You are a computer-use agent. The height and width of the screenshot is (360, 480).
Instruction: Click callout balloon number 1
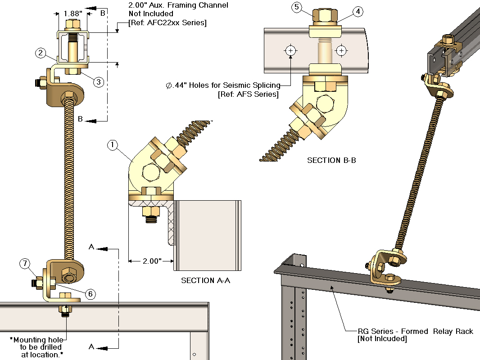(x=113, y=145)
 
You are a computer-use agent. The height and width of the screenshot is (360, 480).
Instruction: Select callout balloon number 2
(x=41, y=53)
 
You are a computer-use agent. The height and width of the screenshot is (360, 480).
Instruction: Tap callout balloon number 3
(x=99, y=81)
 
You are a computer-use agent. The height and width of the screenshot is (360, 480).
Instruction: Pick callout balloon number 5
(x=296, y=7)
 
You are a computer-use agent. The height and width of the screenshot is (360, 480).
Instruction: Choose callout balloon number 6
(x=90, y=294)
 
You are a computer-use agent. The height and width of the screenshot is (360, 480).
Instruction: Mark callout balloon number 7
(x=25, y=264)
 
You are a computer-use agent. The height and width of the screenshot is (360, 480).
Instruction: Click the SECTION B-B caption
(x=331, y=160)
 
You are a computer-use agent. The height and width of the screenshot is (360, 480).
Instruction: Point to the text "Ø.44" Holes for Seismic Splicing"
(x=222, y=85)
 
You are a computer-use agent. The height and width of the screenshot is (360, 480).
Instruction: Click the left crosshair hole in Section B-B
(x=291, y=50)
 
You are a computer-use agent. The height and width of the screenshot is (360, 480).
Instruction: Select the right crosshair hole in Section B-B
(x=341, y=50)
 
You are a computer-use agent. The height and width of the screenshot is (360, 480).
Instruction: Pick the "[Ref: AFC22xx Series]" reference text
(x=168, y=22)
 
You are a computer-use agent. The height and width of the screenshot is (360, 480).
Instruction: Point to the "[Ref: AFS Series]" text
(x=248, y=94)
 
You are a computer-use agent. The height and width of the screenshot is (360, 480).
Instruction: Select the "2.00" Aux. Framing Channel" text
(x=178, y=5)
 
